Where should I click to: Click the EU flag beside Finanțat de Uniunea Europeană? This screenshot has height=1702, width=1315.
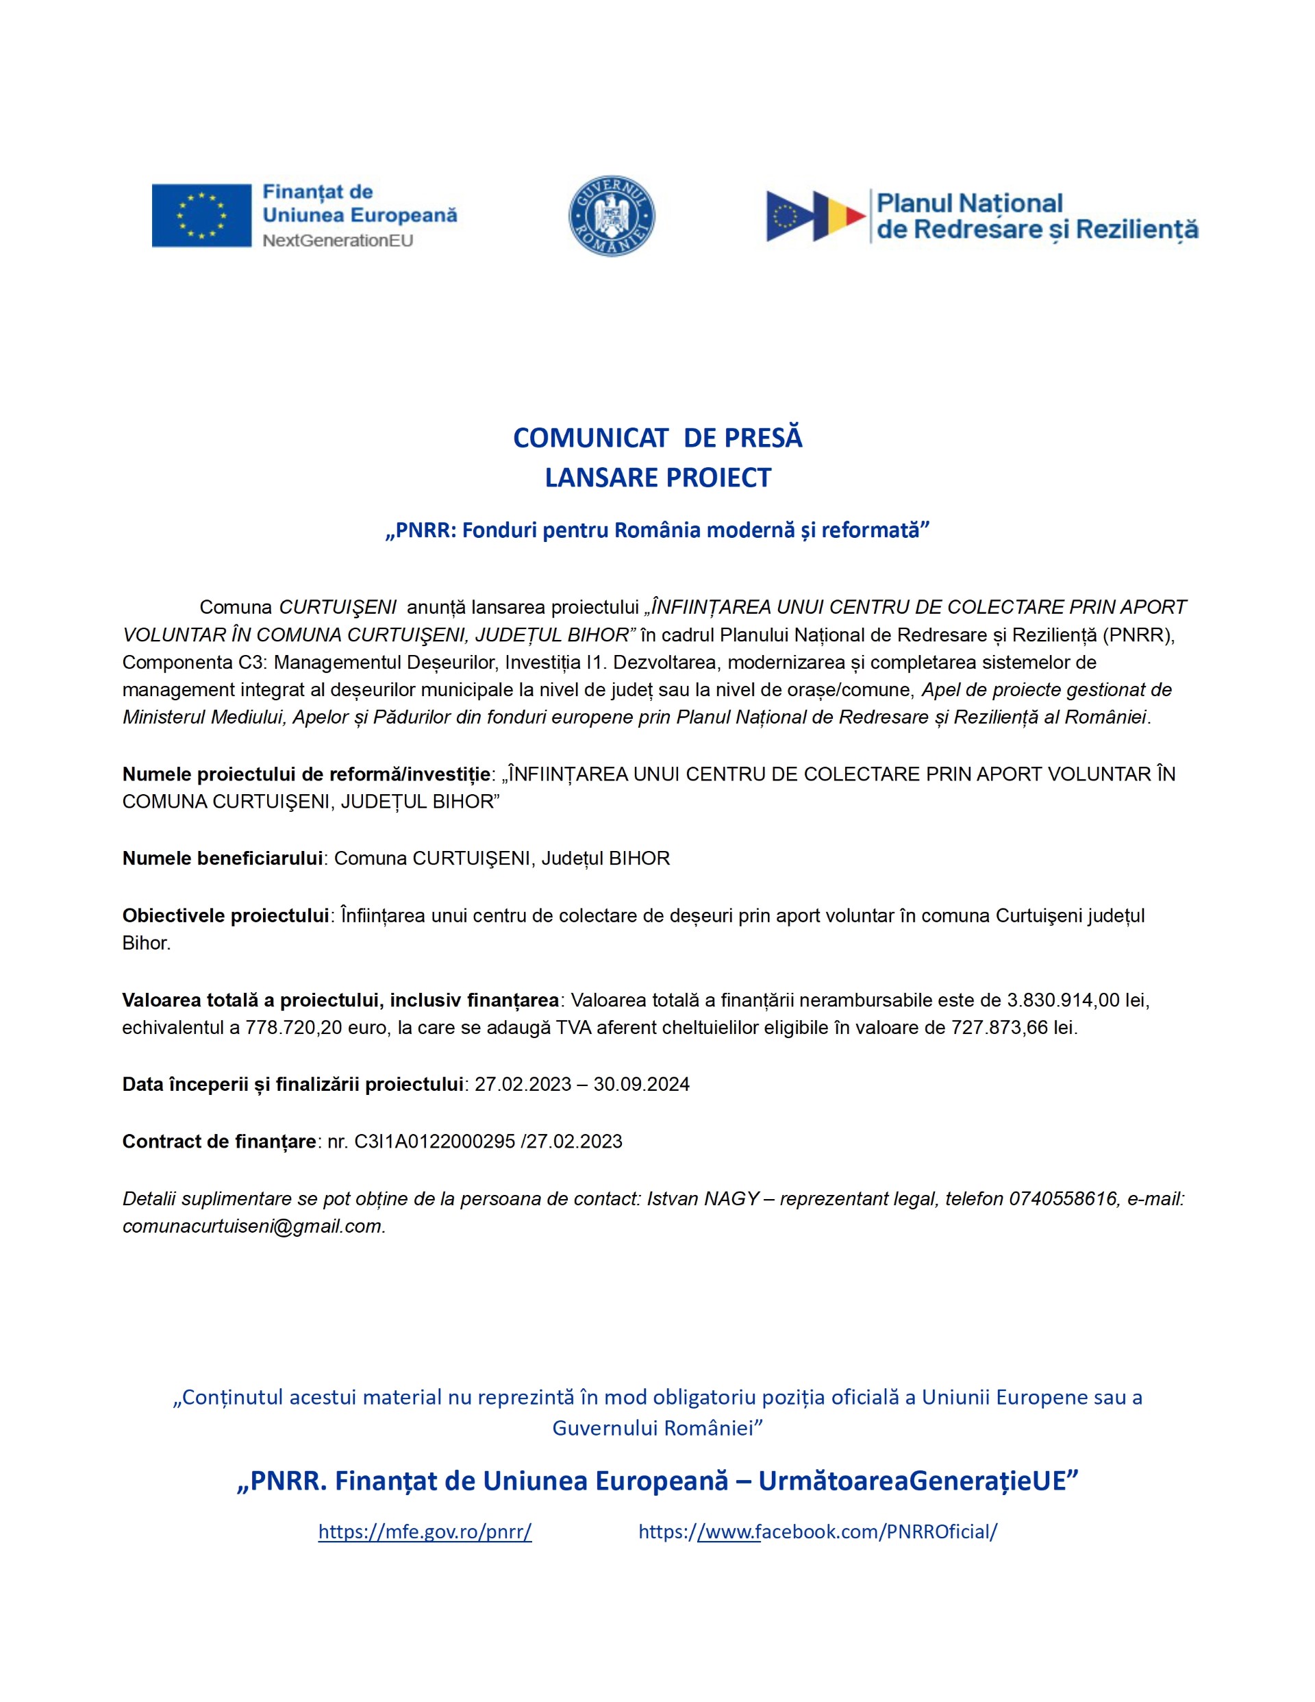[x=201, y=216]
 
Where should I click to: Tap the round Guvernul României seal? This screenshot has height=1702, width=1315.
[x=612, y=216]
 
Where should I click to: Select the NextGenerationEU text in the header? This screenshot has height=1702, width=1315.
[x=338, y=241]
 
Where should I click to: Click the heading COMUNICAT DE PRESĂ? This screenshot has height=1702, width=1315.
[x=657, y=438]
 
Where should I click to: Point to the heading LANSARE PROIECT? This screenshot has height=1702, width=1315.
[x=657, y=478]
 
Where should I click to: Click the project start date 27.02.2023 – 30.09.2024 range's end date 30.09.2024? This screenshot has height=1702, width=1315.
[x=641, y=1085]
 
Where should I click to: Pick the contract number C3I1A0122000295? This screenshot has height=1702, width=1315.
[x=435, y=1142]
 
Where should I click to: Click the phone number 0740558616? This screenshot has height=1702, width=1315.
[x=1064, y=1198]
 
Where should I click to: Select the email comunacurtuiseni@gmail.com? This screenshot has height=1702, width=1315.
[x=253, y=1226]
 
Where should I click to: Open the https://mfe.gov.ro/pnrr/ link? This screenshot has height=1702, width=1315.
[x=425, y=1531]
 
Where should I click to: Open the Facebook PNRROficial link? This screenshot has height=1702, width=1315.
[x=817, y=1531]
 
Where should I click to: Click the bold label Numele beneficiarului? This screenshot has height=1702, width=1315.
[x=222, y=859]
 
